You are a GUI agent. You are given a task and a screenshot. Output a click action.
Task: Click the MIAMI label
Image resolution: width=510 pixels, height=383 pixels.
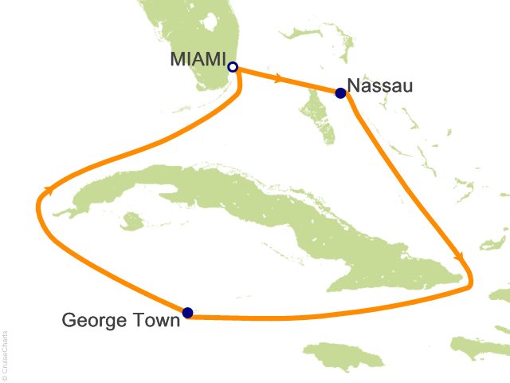tap(198, 60)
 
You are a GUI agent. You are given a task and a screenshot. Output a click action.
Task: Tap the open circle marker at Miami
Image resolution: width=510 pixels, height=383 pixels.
tap(233, 67)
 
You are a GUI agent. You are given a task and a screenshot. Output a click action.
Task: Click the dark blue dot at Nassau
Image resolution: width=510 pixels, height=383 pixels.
tap(341, 93)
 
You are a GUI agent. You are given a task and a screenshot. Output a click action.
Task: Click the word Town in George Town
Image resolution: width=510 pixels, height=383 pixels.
tap(155, 322)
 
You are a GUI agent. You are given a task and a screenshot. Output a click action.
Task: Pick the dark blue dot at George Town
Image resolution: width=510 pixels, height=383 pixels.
tap(187, 313)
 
